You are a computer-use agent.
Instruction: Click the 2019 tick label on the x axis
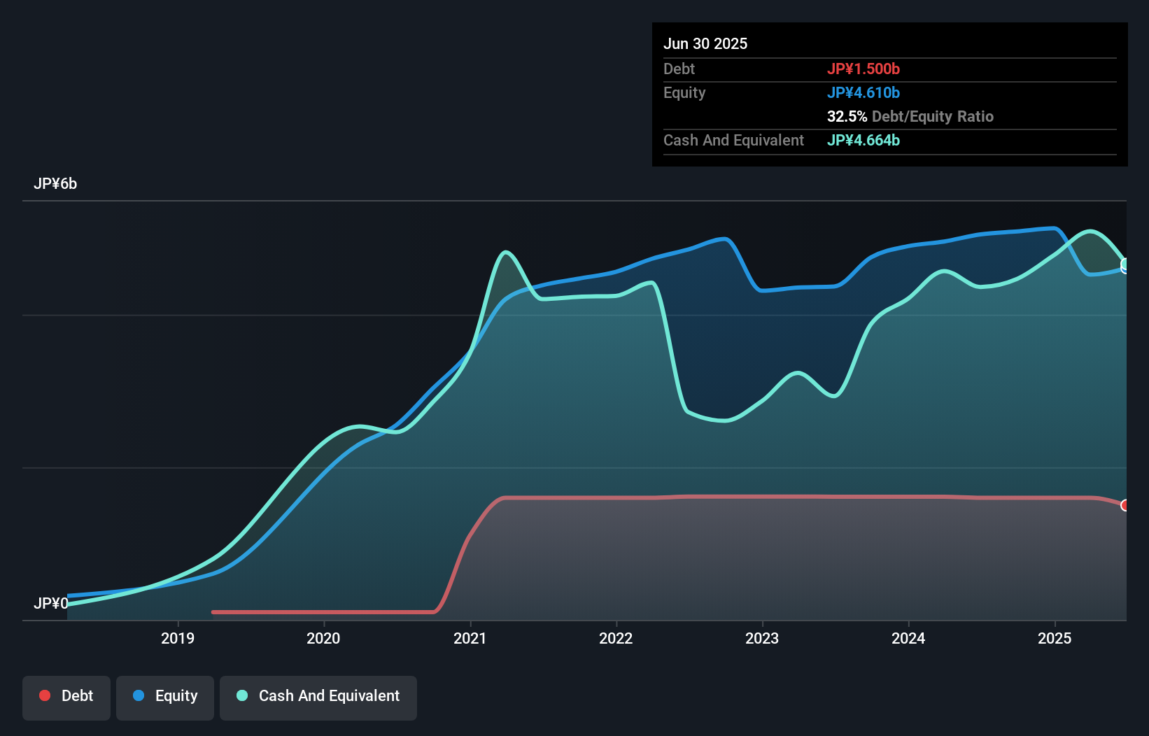coord(178,638)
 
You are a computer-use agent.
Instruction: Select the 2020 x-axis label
coord(323,638)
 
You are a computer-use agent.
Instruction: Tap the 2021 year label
coord(470,638)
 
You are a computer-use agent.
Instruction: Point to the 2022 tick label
coord(616,638)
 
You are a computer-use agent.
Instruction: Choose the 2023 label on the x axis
coord(762,638)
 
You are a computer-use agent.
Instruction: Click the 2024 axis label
coord(908,638)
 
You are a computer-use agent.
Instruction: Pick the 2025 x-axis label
coord(1055,638)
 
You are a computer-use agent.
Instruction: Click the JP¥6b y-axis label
coord(55,184)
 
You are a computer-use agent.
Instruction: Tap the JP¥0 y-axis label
coord(51,603)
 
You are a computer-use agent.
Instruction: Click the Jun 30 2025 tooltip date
coord(705,43)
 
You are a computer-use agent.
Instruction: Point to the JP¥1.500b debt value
coord(863,69)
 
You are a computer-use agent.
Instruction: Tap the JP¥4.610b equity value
coord(863,92)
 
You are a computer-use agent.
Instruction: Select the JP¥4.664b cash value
coord(863,140)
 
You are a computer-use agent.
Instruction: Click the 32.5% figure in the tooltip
coord(847,116)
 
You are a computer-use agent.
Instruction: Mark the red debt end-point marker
coord(1125,505)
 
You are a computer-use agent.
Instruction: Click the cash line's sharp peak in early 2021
coord(505,252)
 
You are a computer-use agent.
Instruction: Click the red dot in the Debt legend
coord(45,695)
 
